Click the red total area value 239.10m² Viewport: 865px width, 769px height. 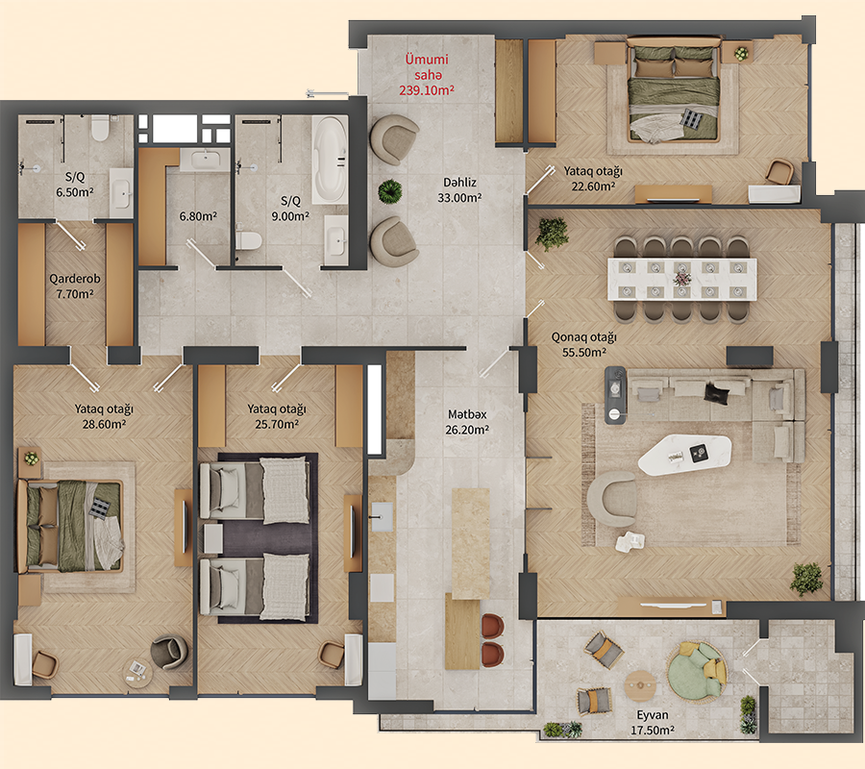[x=426, y=89]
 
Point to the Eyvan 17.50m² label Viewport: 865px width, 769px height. [x=654, y=723]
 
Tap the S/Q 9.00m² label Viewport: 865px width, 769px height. [x=289, y=209]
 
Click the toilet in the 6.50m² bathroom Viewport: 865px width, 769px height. [x=100, y=129]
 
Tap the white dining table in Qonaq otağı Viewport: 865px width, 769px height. [x=681, y=278]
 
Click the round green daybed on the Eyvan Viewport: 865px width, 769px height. [x=697, y=671]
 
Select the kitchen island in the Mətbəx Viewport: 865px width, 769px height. [x=470, y=542]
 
